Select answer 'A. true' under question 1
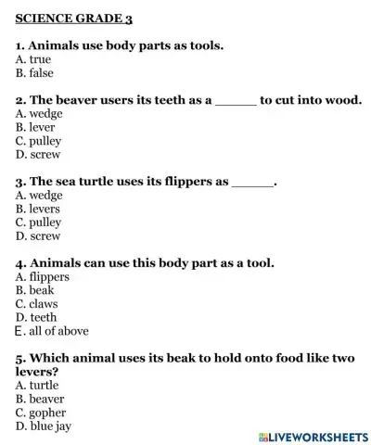coord(34,58)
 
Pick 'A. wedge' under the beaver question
coord(39,114)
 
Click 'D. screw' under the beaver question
coord(38,155)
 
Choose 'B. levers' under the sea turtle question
coord(40,210)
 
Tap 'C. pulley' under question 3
coord(39,222)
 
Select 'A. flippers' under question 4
coord(43,276)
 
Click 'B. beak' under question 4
coord(35,290)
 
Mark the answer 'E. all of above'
coord(52,331)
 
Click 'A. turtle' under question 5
coord(37,385)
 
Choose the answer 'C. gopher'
coord(41,413)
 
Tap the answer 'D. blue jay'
coord(44,426)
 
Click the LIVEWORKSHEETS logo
coord(310,435)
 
